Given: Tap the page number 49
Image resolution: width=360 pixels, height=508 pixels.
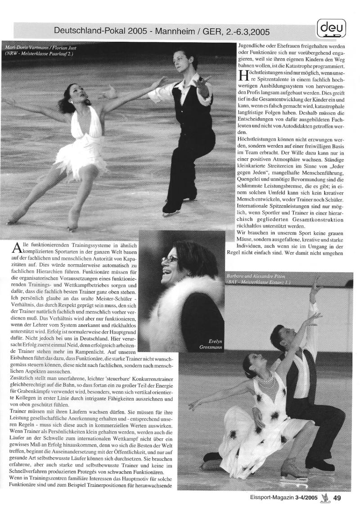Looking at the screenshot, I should pos(337,497).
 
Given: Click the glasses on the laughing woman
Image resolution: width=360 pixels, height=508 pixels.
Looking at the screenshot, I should pos(170,259).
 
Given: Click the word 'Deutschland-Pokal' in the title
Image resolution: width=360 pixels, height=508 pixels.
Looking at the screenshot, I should pos(89,31).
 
